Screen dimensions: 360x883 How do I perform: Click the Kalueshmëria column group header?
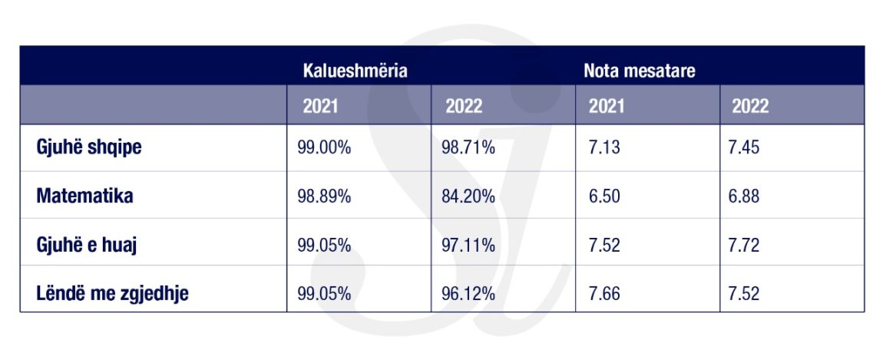355,71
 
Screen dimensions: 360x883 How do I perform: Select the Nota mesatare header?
639,71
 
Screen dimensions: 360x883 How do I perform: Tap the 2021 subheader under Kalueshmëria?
320,106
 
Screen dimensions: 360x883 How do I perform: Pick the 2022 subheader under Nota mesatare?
749,106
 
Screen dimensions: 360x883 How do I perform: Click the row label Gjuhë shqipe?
89,147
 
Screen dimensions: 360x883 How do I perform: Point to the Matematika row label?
84,196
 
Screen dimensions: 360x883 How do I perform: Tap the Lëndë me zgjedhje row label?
112,293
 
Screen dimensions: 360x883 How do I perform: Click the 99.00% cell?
324,148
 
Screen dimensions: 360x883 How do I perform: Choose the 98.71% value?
468,148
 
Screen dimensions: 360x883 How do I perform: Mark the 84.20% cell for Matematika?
468,197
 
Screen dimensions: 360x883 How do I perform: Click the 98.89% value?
324,197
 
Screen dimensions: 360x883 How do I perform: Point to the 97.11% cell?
468,246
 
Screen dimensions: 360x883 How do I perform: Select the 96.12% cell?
468,294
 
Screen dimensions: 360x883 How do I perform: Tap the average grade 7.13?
604,148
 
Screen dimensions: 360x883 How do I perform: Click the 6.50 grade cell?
604,197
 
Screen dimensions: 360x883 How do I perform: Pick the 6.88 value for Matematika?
743,197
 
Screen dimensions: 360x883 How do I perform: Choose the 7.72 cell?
743,246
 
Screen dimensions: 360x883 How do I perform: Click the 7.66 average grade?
604,294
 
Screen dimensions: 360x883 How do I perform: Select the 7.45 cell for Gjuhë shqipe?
743,148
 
